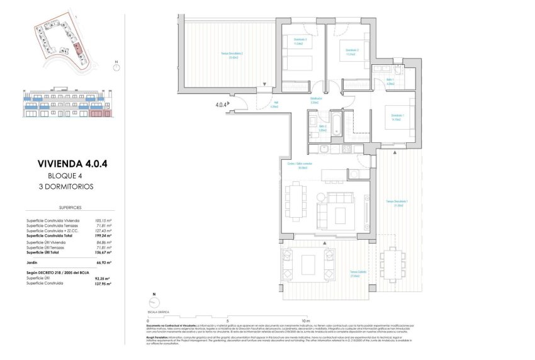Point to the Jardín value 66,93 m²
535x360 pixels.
tap(103, 261)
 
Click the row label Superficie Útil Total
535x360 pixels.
tap(48, 251)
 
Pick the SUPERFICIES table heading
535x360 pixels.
tap(67, 206)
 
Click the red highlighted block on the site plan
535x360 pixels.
tap(77, 48)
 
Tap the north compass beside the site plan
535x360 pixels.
tap(116, 65)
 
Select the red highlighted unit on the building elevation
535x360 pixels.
tap(99, 113)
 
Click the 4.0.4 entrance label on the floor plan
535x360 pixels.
tap(222, 104)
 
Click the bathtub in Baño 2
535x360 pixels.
tap(335, 125)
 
